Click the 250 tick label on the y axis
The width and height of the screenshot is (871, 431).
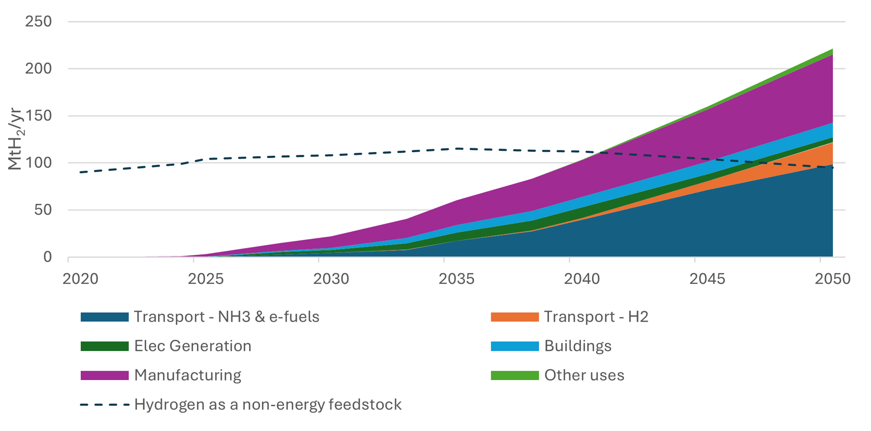[x=38, y=21]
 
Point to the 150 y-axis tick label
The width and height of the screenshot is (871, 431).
[x=38, y=116]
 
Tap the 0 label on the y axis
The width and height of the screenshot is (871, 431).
[x=47, y=257]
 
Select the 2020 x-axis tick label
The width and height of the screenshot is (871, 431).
[x=80, y=279]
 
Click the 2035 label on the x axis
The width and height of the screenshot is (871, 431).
[x=456, y=279]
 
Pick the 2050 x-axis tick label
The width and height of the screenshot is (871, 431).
[x=832, y=279]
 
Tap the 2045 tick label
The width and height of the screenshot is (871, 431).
[x=707, y=279]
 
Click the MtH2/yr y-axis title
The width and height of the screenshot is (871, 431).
[x=15, y=139]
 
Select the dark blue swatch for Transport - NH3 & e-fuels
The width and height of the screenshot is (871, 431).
[x=104, y=317]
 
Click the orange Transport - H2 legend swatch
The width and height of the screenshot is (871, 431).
[x=514, y=317]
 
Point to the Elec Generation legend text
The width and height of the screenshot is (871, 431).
[x=192, y=346]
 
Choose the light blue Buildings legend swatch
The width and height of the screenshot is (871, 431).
[x=514, y=346]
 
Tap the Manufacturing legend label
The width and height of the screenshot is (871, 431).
[x=187, y=375]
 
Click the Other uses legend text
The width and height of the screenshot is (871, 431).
[x=584, y=375]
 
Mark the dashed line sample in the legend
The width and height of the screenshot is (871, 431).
[x=104, y=405]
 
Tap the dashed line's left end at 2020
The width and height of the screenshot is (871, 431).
[x=81, y=172]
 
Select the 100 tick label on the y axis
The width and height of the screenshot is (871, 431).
[x=38, y=163]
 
